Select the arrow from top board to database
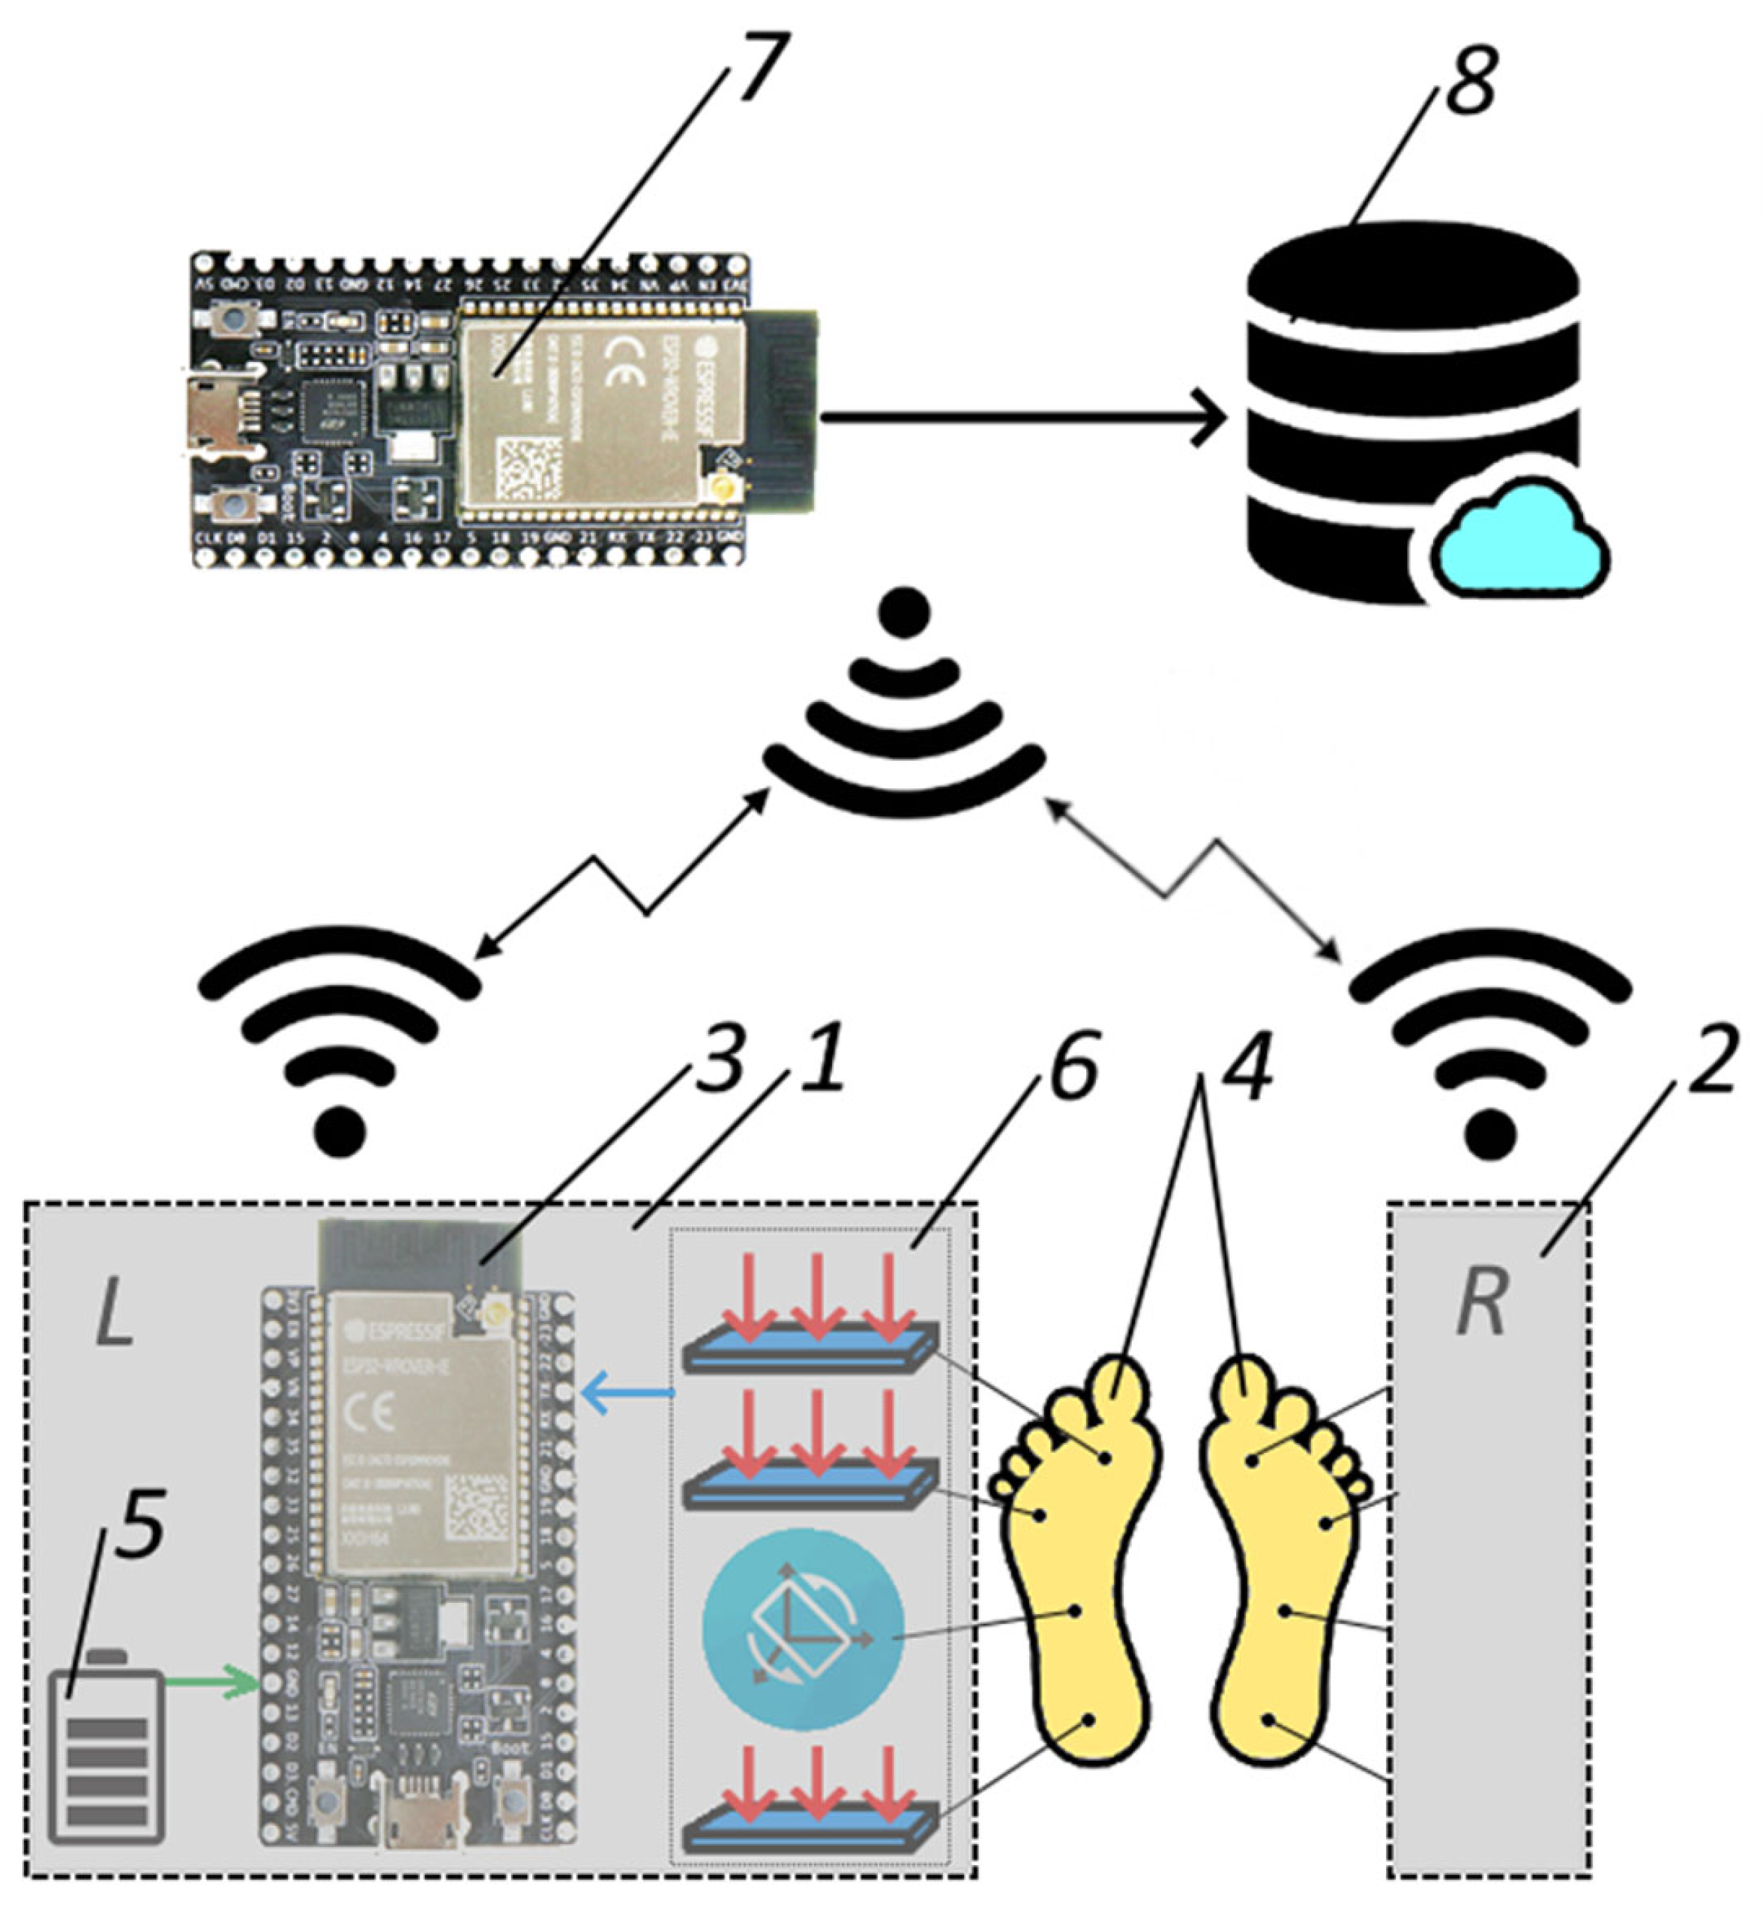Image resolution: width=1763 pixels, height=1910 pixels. coord(1021,417)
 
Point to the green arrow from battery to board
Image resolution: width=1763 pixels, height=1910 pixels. coord(212,1684)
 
